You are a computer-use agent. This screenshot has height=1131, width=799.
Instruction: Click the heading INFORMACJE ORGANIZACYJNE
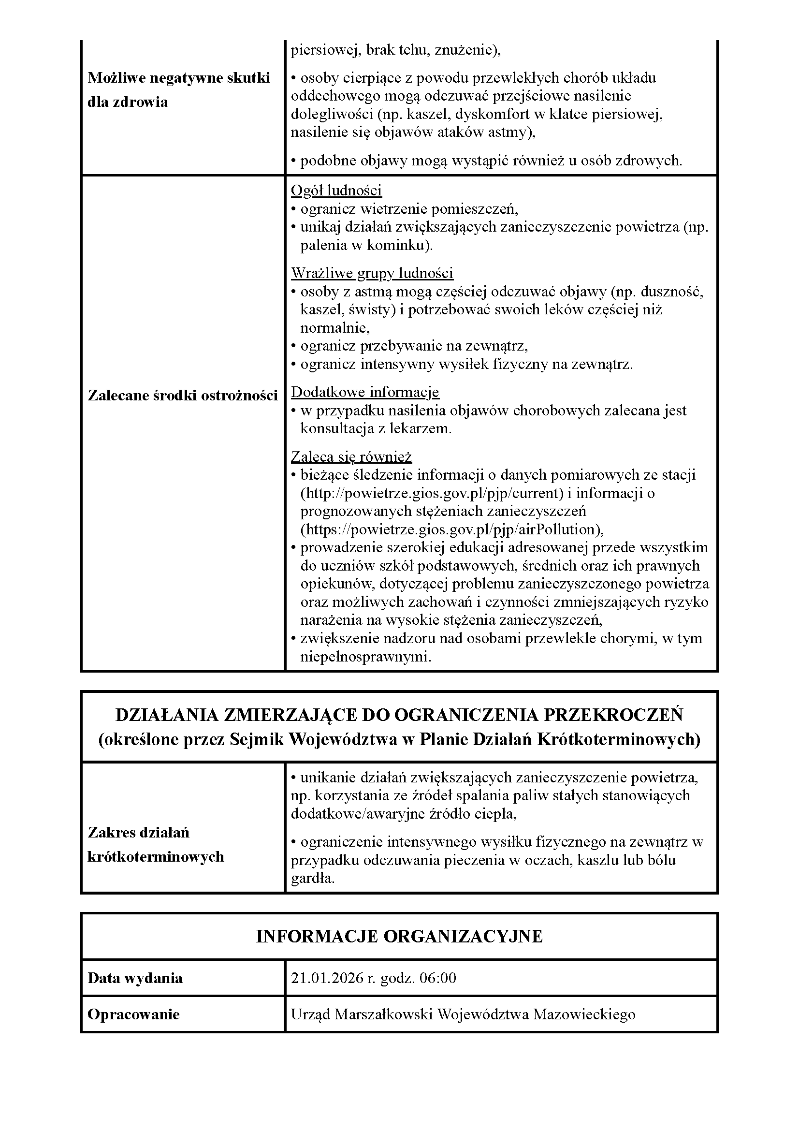point(399,936)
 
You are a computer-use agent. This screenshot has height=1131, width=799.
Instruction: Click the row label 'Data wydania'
point(135,978)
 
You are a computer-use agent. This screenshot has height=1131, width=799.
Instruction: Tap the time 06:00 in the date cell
point(437,978)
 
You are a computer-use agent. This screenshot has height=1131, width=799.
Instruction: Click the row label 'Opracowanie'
point(133,1014)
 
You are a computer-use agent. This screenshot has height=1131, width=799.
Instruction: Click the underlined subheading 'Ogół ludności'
point(336,190)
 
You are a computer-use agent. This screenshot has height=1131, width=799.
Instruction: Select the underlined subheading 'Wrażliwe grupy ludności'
point(372,273)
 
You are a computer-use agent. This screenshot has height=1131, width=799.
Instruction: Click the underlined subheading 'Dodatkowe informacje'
point(365,392)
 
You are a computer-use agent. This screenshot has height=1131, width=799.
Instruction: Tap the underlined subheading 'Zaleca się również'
point(351,456)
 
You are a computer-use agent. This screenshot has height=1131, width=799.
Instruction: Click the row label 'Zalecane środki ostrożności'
point(183,396)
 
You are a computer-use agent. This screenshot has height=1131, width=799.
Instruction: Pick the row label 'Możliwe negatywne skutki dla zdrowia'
point(179,89)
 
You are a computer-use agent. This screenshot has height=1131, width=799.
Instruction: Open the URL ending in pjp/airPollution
point(452,529)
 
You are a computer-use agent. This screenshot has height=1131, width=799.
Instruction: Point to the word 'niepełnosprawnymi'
point(365,657)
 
